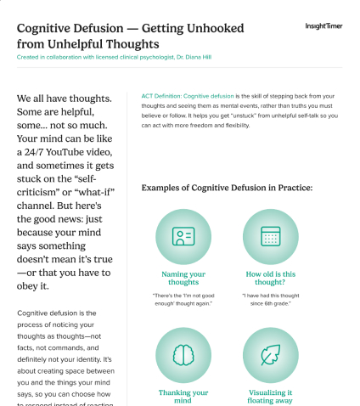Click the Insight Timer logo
point(323,26)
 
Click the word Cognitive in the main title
point(48,25)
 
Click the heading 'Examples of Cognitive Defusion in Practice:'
point(227,187)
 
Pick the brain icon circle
point(183,354)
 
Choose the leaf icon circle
point(270,354)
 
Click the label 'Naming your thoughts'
point(183,279)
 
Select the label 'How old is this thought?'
point(270,279)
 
